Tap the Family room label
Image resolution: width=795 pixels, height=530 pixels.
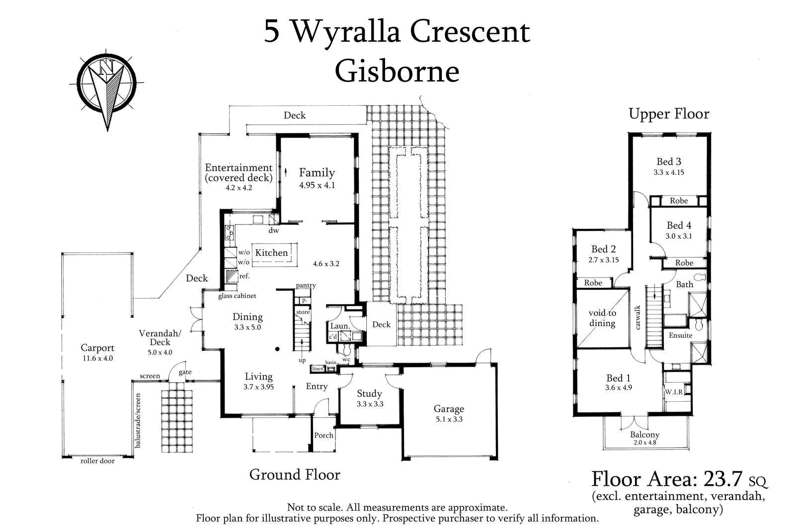317,173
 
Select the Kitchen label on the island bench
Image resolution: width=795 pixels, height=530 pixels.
271,252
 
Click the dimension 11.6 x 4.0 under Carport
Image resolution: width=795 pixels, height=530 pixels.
97,358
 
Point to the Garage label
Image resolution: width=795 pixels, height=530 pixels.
449,409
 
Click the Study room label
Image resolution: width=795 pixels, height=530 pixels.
369,393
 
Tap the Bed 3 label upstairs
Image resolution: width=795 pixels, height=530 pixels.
669,161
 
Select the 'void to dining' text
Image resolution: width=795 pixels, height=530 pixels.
602,318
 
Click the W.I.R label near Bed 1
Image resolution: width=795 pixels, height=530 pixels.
674,392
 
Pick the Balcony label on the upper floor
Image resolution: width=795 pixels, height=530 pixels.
644,435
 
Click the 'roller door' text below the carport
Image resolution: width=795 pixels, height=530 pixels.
97,461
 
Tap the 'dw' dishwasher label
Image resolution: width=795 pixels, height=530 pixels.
274,230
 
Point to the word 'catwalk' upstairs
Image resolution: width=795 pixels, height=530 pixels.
637,317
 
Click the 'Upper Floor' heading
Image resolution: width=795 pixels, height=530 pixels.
669,114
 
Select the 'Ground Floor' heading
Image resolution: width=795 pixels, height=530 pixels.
295,475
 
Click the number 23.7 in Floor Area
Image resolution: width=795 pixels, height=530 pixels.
722,479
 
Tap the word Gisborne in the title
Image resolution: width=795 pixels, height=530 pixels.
397,71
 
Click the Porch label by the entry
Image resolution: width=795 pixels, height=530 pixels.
323,435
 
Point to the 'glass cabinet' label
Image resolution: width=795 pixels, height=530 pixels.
237,296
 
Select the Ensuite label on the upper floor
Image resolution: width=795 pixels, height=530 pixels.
680,335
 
